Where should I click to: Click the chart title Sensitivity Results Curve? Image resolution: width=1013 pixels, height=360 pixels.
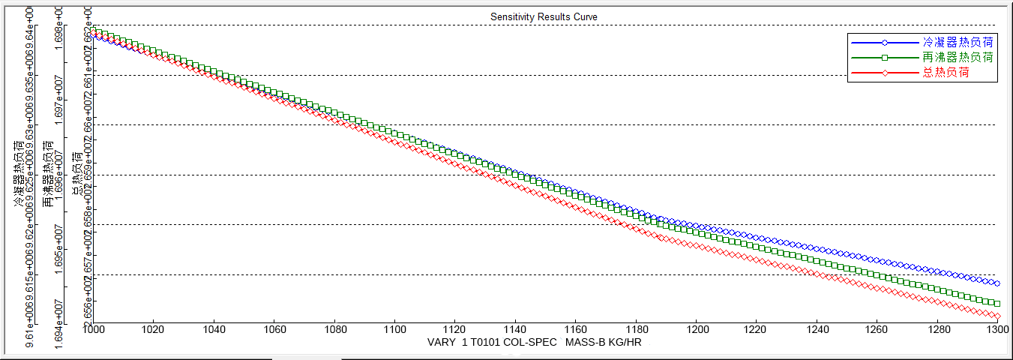(x=544, y=16)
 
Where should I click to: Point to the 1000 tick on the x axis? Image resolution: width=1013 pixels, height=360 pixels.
(x=92, y=330)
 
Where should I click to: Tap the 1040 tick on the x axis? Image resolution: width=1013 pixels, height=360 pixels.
(x=214, y=330)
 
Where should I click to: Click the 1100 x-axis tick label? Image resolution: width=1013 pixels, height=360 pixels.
(x=394, y=330)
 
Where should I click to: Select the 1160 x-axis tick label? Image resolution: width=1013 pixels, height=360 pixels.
(x=575, y=330)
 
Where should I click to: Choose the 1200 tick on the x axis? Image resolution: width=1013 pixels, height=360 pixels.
(x=697, y=330)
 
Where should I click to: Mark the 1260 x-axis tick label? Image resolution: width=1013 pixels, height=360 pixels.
(x=877, y=330)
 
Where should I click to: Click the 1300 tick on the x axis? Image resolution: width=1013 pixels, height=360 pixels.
(x=997, y=330)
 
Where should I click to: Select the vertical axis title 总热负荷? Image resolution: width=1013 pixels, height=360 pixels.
(x=77, y=174)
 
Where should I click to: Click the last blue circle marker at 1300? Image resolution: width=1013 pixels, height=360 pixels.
(x=997, y=283)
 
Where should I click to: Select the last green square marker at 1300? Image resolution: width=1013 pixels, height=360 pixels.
(x=997, y=304)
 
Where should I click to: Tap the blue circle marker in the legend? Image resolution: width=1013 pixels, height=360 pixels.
(x=885, y=42)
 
